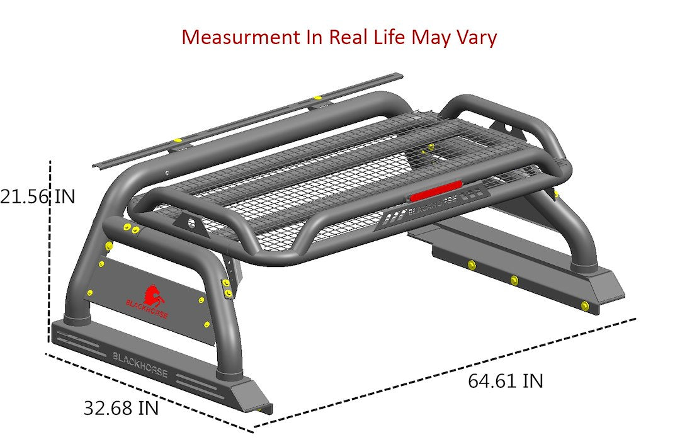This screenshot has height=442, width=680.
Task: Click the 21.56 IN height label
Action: click(x=38, y=197)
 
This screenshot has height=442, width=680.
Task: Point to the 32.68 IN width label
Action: click(x=121, y=408)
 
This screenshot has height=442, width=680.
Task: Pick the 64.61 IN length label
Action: click(x=505, y=381)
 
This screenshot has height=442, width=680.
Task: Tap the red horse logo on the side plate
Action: click(x=151, y=295)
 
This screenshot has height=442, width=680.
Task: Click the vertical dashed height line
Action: click(x=50, y=252)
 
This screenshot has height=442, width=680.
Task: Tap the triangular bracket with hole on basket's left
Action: click(x=188, y=222)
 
